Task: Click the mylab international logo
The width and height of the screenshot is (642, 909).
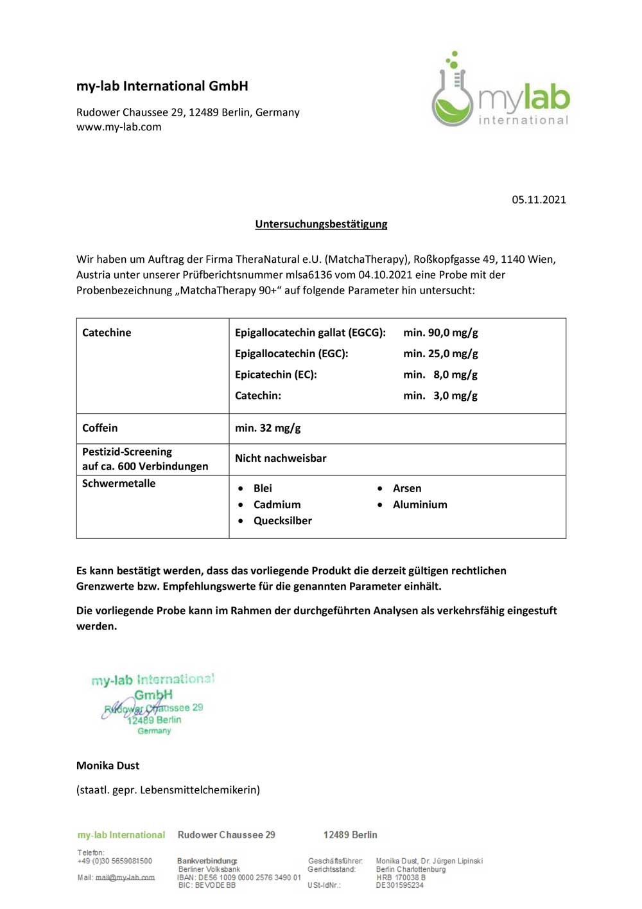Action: [500, 91]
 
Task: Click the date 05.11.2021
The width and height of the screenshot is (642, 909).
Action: [539, 200]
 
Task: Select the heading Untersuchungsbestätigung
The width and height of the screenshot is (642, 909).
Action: [321, 224]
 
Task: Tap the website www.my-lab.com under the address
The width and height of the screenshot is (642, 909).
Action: [119, 127]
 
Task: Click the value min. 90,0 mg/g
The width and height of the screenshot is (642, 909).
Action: [440, 333]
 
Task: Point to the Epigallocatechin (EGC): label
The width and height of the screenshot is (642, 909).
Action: [291, 354]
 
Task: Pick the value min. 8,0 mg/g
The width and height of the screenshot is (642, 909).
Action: [440, 375]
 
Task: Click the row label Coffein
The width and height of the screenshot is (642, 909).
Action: [100, 428]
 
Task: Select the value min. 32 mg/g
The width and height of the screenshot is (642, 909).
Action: [268, 428]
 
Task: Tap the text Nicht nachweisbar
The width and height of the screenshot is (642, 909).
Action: [281, 459]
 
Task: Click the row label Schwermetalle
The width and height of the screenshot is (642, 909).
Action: [119, 484]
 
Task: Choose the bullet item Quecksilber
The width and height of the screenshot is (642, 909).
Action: [282, 521]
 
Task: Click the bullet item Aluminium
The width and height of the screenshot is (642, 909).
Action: [420, 505]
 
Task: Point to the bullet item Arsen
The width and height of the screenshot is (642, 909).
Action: [407, 489]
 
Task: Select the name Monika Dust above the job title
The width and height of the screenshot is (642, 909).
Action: [108, 766]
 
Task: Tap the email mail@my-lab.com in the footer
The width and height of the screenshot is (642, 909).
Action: [125, 878]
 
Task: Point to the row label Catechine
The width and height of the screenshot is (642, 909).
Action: [107, 333]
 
